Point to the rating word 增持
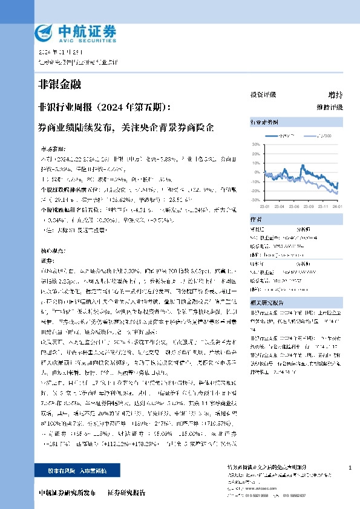[x=335, y=95]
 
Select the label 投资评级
[x=263, y=95]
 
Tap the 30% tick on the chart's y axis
[x=256, y=144]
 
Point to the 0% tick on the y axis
[x=257, y=172]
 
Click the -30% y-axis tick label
[x=255, y=199]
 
